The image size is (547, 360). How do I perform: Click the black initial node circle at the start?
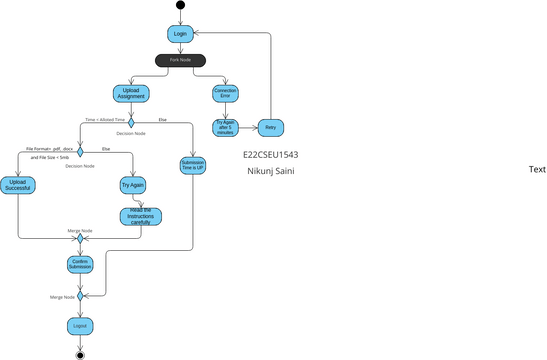click(x=181, y=5)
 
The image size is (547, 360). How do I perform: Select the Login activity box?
click(x=181, y=34)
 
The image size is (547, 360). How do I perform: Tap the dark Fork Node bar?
click(x=181, y=61)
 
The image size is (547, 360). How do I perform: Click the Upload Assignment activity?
click(x=131, y=94)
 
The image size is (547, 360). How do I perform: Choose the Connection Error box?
click(x=226, y=94)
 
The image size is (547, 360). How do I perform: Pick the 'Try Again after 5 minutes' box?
click(x=225, y=127)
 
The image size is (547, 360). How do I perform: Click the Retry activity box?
click(x=270, y=127)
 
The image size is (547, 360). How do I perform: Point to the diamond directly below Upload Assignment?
click(x=131, y=122)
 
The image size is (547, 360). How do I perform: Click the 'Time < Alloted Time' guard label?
click(x=104, y=120)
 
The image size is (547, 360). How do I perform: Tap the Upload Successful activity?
click(x=18, y=185)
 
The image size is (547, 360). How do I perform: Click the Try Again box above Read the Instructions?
click(x=133, y=185)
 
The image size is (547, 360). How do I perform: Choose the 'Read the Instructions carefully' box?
click(x=139, y=216)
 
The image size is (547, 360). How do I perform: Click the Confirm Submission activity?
click(x=81, y=264)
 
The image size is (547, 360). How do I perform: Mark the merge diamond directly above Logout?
click(x=81, y=296)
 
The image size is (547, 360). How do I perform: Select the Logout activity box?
click(x=81, y=327)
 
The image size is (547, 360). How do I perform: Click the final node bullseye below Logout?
click(x=81, y=354)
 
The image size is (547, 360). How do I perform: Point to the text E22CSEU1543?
click(x=270, y=156)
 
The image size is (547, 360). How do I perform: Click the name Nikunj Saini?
click(x=270, y=172)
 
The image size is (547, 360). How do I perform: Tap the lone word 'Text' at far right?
click(x=536, y=170)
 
